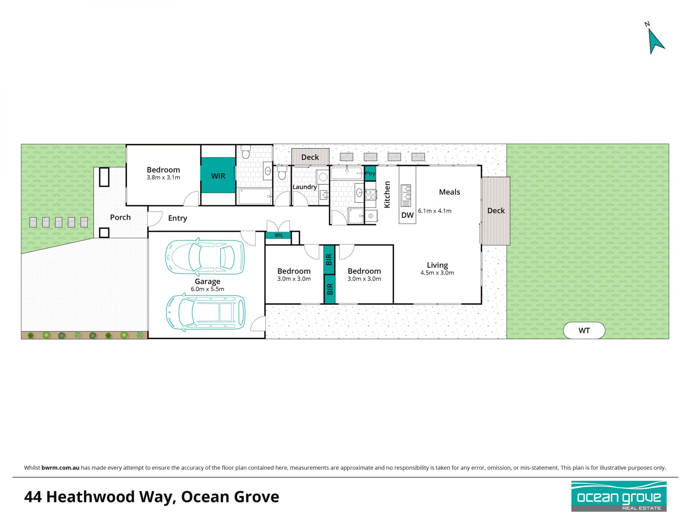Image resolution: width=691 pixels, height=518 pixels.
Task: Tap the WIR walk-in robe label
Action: click(x=218, y=176)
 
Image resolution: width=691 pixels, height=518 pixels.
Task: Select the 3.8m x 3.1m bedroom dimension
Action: click(x=163, y=177)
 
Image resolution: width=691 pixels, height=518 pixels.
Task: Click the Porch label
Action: click(x=120, y=217)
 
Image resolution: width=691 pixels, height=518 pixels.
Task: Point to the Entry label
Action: click(x=177, y=218)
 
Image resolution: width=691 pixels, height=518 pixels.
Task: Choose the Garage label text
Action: click(x=207, y=281)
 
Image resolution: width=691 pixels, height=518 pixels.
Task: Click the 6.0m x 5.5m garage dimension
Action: click(x=207, y=289)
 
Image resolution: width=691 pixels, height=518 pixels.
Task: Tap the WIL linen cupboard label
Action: click(x=279, y=235)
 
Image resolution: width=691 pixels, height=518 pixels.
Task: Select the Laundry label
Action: click(x=304, y=187)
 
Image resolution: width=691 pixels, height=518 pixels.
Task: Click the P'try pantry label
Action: click(x=370, y=173)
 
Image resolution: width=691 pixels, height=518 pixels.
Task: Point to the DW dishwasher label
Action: click(x=407, y=215)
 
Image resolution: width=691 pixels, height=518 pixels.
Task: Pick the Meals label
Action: click(x=450, y=192)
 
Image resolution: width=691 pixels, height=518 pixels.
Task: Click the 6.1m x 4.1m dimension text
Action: click(x=435, y=211)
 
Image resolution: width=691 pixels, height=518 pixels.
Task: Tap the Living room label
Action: click(x=437, y=265)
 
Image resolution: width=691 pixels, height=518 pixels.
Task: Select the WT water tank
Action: click(x=584, y=330)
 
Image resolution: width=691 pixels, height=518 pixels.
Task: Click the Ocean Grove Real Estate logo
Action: click(x=619, y=496)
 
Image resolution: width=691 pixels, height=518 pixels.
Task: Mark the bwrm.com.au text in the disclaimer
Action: click(x=60, y=468)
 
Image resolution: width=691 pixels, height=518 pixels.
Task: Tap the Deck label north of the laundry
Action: click(x=310, y=157)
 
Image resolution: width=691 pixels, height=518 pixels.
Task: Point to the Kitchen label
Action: click(x=387, y=194)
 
